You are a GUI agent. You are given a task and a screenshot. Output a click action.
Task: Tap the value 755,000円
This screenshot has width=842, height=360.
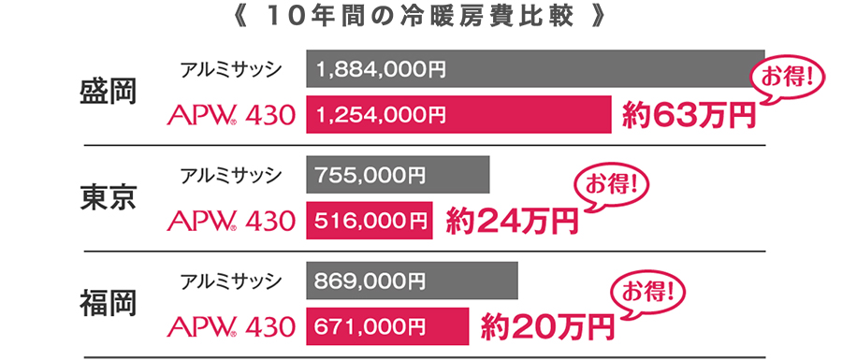point(371,174)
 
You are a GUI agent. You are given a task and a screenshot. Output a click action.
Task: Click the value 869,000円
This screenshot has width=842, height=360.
point(371,280)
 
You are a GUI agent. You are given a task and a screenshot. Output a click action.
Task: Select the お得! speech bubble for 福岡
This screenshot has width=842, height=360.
point(648,288)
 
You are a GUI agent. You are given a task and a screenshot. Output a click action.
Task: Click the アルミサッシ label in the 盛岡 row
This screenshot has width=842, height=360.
point(231,68)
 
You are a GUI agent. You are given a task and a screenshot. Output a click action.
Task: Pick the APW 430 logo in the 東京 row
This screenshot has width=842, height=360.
point(230,221)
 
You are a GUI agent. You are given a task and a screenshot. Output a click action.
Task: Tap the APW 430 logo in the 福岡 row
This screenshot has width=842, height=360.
point(230,326)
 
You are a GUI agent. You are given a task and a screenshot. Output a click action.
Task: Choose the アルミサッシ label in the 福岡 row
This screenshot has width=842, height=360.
point(231,280)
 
